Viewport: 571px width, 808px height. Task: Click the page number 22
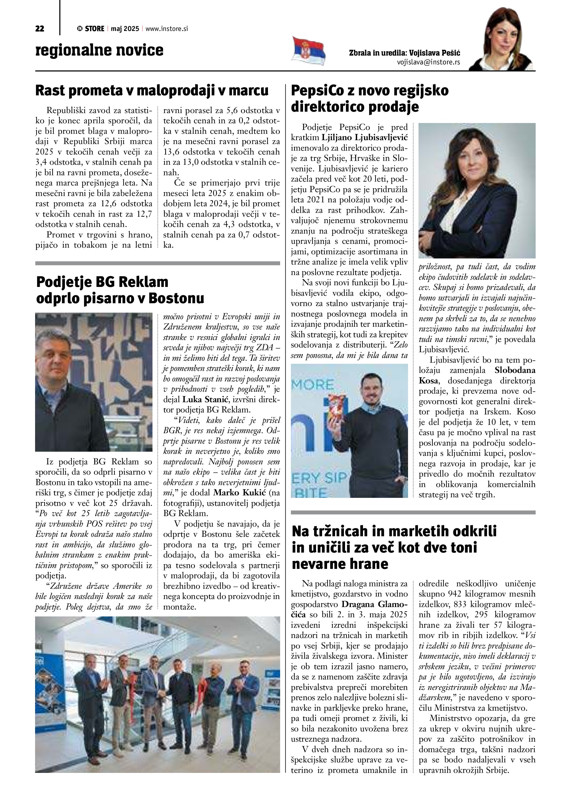[x=40, y=29]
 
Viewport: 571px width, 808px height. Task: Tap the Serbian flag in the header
[x=308, y=51]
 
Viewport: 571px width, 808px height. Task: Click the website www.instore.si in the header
[x=166, y=29]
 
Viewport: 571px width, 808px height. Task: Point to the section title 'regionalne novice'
[x=99, y=50]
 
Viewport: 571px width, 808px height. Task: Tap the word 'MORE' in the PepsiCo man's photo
[x=313, y=384]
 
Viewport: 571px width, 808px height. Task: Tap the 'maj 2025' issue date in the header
[x=125, y=29]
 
